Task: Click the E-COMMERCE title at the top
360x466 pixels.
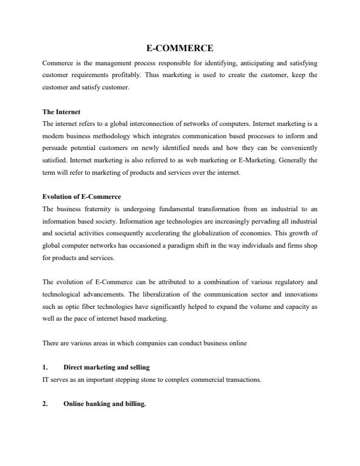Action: click(x=179, y=48)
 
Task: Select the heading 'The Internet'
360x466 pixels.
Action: click(x=61, y=111)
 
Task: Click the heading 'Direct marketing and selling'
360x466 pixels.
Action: click(x=106, y=367)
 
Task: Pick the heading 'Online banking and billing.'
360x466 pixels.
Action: click(x=104, y=404)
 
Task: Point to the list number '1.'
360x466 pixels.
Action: click(x=46, y=367)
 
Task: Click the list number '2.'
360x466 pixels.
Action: click(x=46, y=404)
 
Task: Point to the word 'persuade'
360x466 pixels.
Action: click(x=56, y=149)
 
